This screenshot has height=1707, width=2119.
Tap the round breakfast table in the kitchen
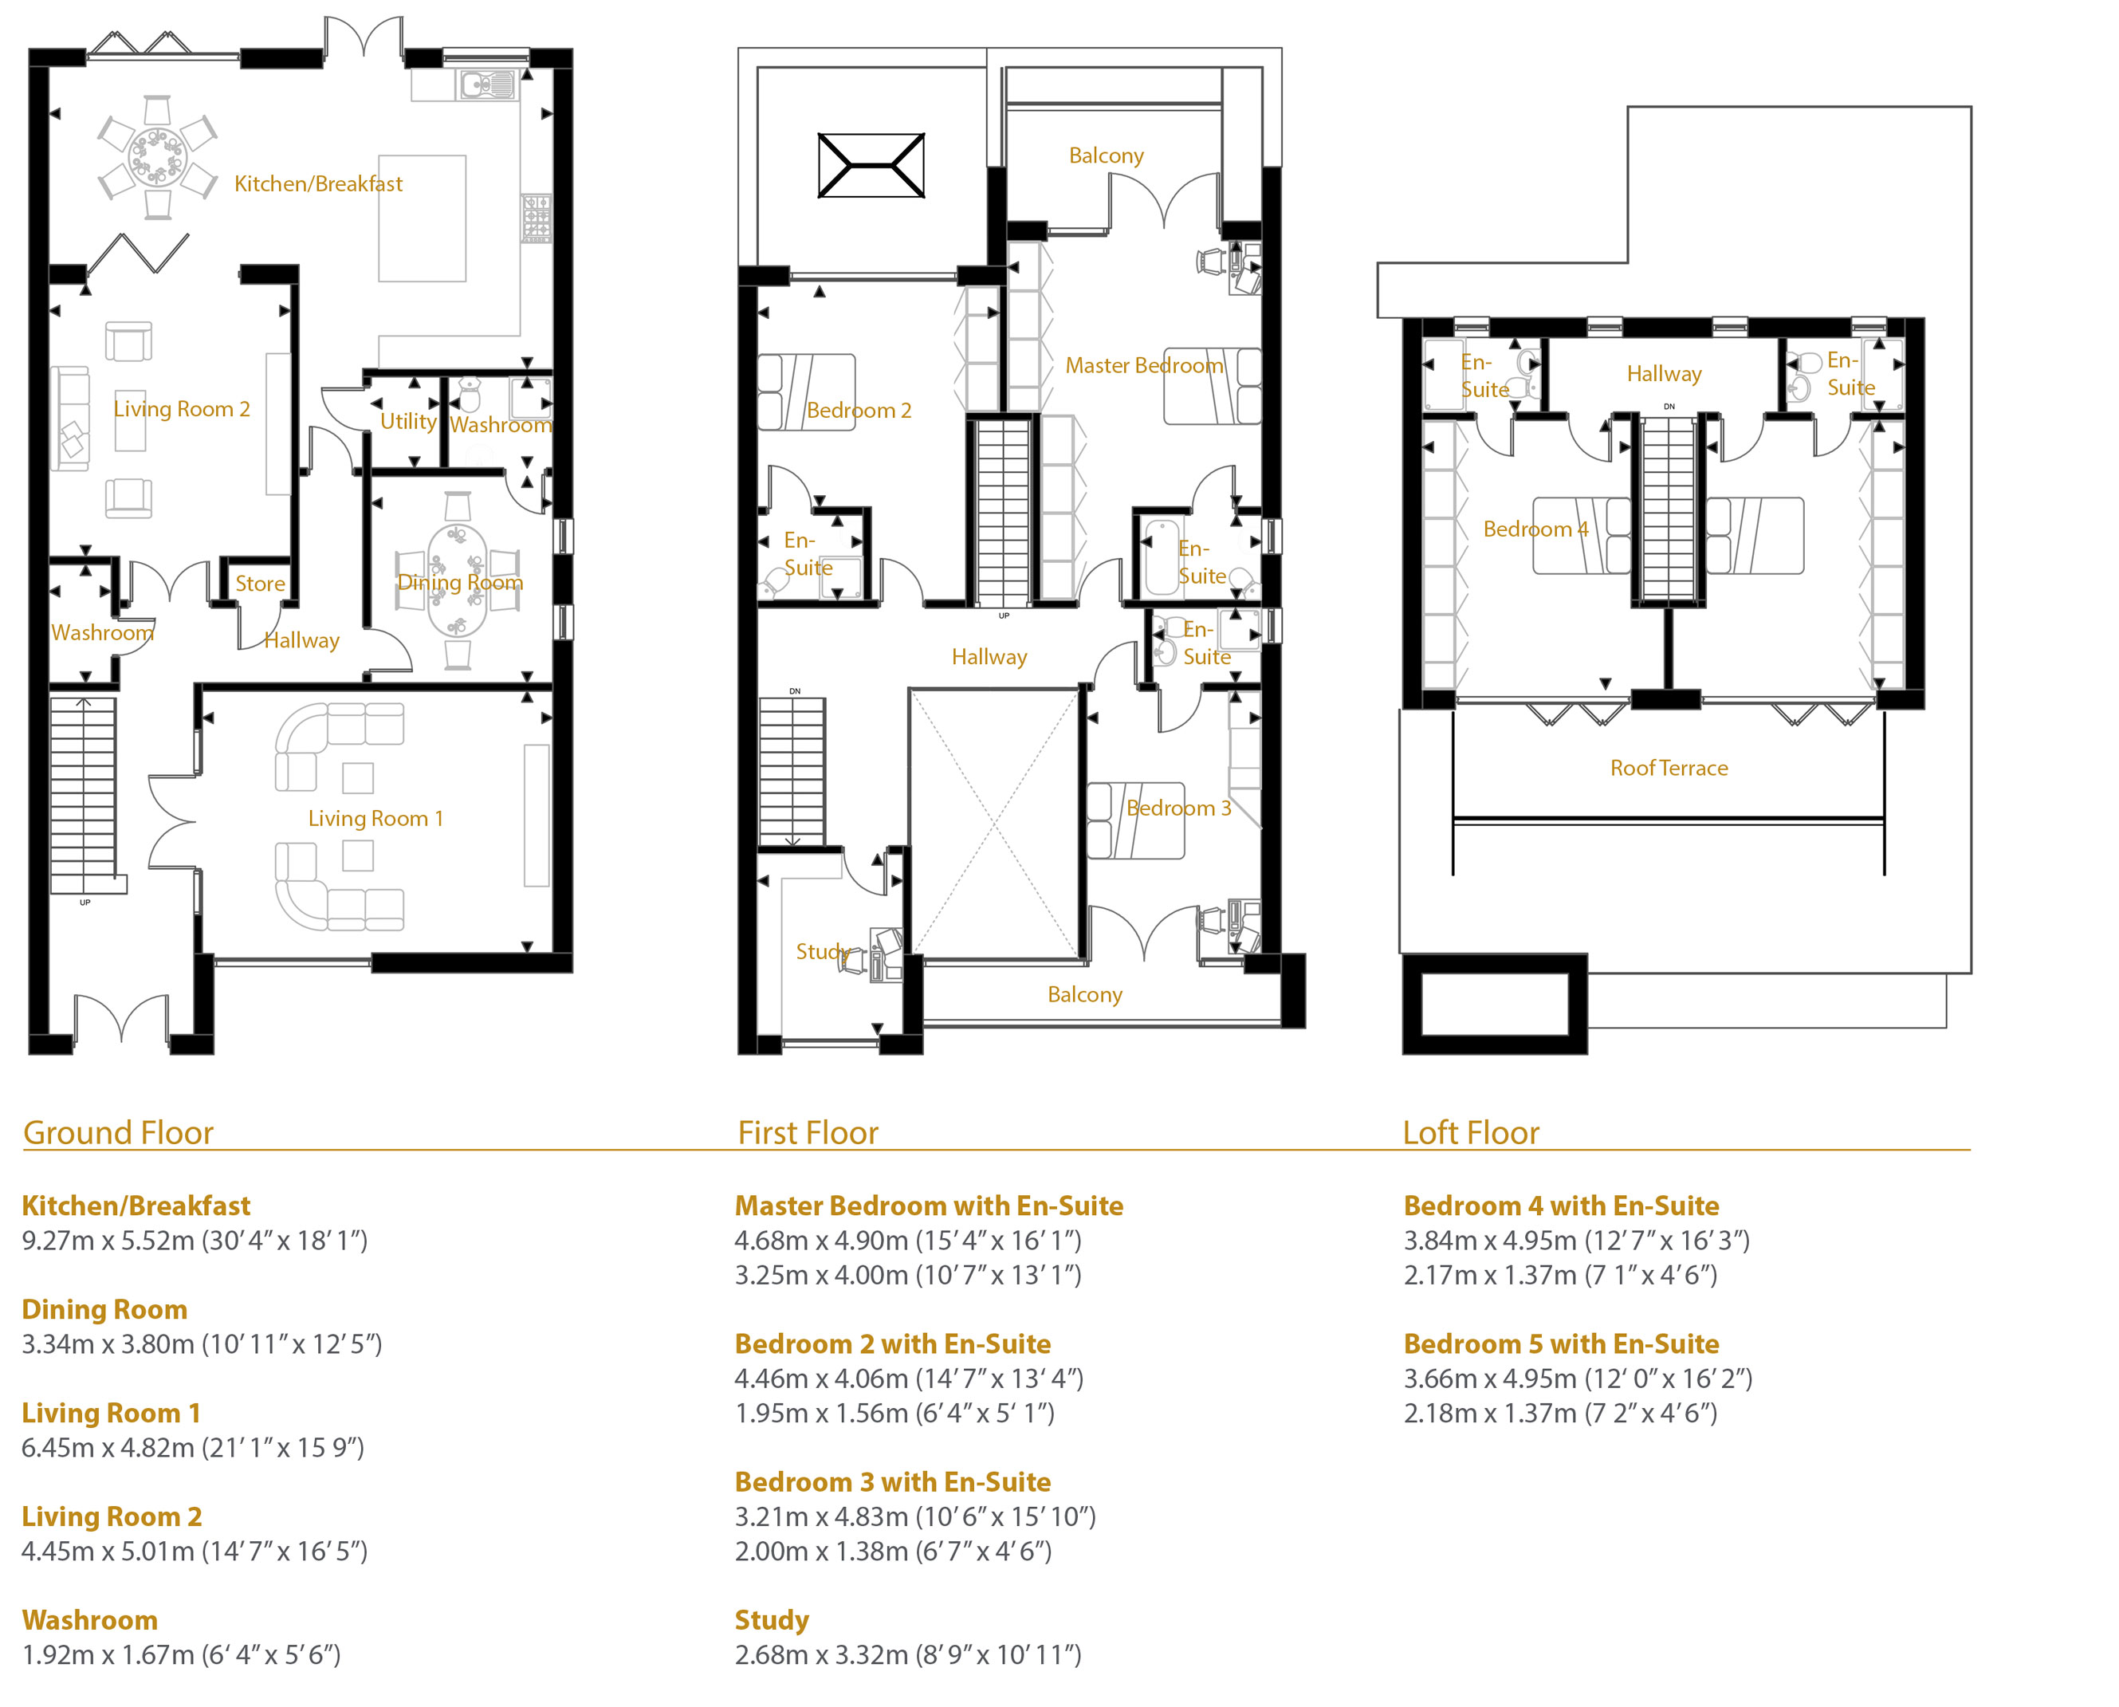pyautogui.click(x=157, y=156)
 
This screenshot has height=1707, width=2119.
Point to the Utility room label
pyautogui.click(x=408, y=422)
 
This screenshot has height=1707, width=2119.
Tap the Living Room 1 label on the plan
pyautogui.click(x=375, y=818)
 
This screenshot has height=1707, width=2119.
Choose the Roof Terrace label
pyautogui.click(x=1669, y=768)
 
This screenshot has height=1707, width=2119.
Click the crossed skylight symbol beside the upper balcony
pyautogui.click(x=871, y=165)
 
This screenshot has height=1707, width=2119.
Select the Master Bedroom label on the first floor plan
pyautogui.click(x=1145, y=366)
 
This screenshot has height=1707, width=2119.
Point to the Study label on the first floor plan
pyautogui.click(x=823, y=951)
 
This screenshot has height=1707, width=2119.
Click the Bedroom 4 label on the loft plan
pyautogui.click(x=1535, y=529)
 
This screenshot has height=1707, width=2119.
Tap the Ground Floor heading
pyautogui.click(x=118, y=1133)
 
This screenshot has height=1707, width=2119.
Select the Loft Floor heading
pyautogui.click(x=1470, y=1133)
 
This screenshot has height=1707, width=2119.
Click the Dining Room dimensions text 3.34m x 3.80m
pyautogui.click(x=108, y=1344)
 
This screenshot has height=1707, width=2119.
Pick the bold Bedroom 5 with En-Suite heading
pyautogui.click(x=1562, y=1344)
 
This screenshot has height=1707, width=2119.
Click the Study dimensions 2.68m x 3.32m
pyautogui.click(x=821, y=1655)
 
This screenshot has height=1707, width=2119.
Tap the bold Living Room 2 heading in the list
pyautogui.click(x=112, y=1516)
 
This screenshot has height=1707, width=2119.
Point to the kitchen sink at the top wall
pyautogui.click(x=486, y=85)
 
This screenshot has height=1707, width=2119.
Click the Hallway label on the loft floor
pyautogui.click(x=1664, y=374)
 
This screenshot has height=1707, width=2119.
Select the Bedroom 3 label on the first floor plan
pyautogui.click(x=1178, y=808)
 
